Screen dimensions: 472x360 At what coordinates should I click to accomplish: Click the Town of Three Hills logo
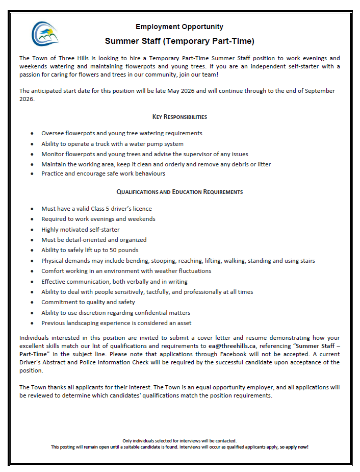pos(45,34)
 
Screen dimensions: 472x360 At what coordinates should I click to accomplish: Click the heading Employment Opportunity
pos(179,27)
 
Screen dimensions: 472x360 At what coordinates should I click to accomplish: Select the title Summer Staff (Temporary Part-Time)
pos(179,41)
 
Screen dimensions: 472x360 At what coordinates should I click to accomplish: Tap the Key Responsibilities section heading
pos(179,117)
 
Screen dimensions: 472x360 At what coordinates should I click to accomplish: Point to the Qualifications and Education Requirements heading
pos(179,192)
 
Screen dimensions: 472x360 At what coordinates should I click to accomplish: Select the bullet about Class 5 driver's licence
pos(96,208)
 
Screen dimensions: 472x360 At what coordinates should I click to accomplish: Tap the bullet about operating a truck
pos(112,144)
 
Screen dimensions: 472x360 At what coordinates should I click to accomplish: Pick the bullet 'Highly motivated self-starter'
pos(81,229)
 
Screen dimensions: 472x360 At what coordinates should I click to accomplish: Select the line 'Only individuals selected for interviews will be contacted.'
pos(179,440)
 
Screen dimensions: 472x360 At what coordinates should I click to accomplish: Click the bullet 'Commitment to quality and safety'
pos(88,302)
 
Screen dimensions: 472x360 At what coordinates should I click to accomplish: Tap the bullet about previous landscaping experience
pos(116,323)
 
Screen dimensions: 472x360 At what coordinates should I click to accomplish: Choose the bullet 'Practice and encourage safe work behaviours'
pos(103,173)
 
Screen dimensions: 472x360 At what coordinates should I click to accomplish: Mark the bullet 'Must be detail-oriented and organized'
pos(94,239)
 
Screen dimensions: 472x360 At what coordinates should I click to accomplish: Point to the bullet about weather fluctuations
pos(126,271)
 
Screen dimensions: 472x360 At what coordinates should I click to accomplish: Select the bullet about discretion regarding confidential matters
pos(116,312)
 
